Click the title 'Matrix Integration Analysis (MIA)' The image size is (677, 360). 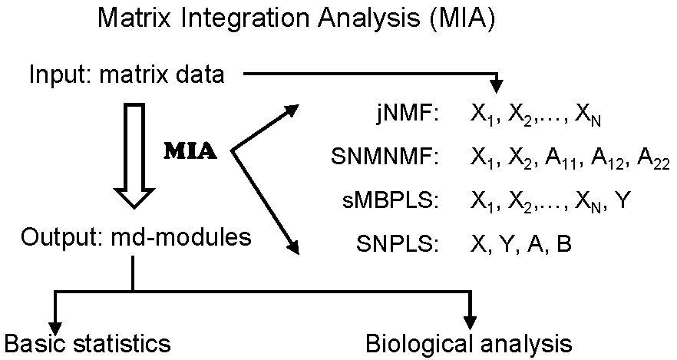(296, 19)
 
